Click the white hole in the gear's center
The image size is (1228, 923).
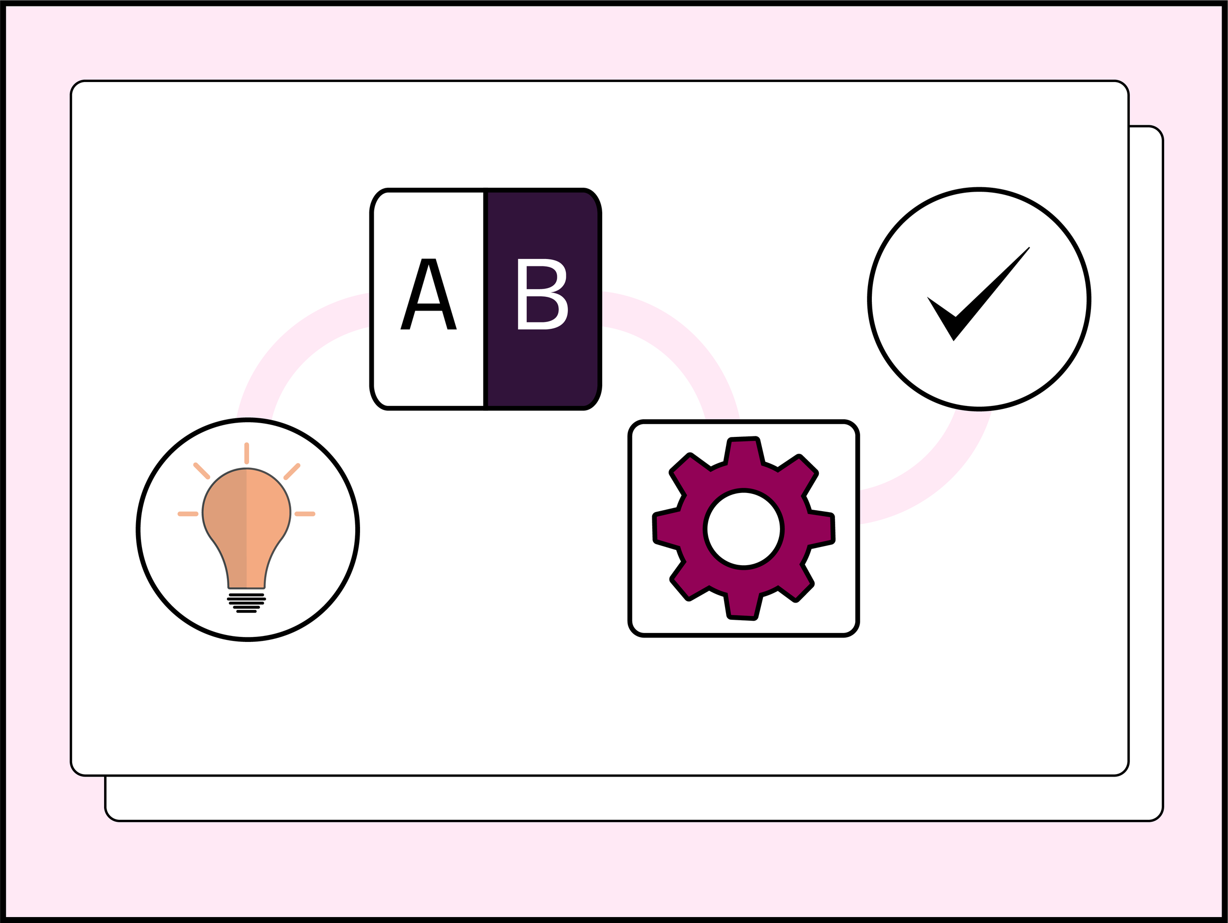pyautogui.click(x=743, y=529)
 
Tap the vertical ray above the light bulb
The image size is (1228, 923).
pyautogui.click(x=247, y=453)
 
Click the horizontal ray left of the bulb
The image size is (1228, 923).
pyautogui.click(x=188, y=514)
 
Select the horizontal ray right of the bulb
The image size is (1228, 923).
pyautogui.click(x=305, y=514)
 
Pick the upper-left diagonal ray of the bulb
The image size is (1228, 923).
pyautogui.click(x=201, y=471)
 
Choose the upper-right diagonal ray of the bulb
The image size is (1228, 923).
pyautogui.click(x=292, y=471)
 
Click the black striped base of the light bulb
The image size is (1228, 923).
pyautogui.click(x=247, y=603)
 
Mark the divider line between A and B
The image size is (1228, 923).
pyautogui.click(x=485, y=300)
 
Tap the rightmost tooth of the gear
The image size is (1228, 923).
pyautogui.click(x=821, y=528)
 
